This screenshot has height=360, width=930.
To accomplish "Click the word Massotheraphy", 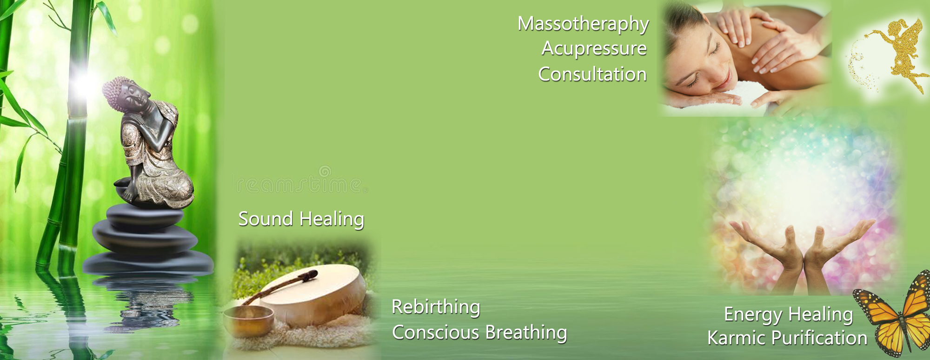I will [583, 24].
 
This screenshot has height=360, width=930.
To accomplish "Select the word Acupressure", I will [594, 49].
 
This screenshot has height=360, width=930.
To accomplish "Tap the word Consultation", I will [592, 74].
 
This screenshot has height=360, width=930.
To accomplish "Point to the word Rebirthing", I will [436, 307].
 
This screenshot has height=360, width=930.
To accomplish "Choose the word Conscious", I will [436, 333].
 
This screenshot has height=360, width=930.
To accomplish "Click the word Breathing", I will [526, 333].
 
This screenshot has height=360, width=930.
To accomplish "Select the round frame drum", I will [316, 293].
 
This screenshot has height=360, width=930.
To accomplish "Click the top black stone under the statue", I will [145, 216].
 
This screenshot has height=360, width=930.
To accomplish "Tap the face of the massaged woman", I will [697, 65].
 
